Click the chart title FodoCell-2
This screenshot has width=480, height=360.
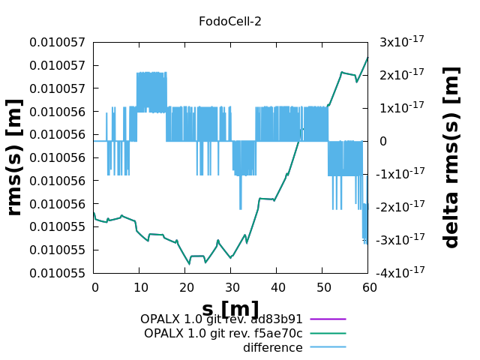230,21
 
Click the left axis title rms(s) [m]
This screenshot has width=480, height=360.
14,157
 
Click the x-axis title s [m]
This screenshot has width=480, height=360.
230,309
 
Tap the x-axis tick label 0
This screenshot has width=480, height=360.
94,287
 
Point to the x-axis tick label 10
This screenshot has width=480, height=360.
139,287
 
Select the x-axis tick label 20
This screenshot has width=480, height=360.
185,287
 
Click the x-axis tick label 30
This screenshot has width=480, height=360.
231,287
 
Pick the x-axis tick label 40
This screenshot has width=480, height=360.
277,287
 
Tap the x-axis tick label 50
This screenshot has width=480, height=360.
322,287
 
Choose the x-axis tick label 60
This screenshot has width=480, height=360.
368,287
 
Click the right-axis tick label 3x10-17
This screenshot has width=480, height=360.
402,41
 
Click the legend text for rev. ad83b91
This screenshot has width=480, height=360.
221,319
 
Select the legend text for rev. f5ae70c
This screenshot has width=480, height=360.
223,333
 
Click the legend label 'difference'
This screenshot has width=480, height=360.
273,347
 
